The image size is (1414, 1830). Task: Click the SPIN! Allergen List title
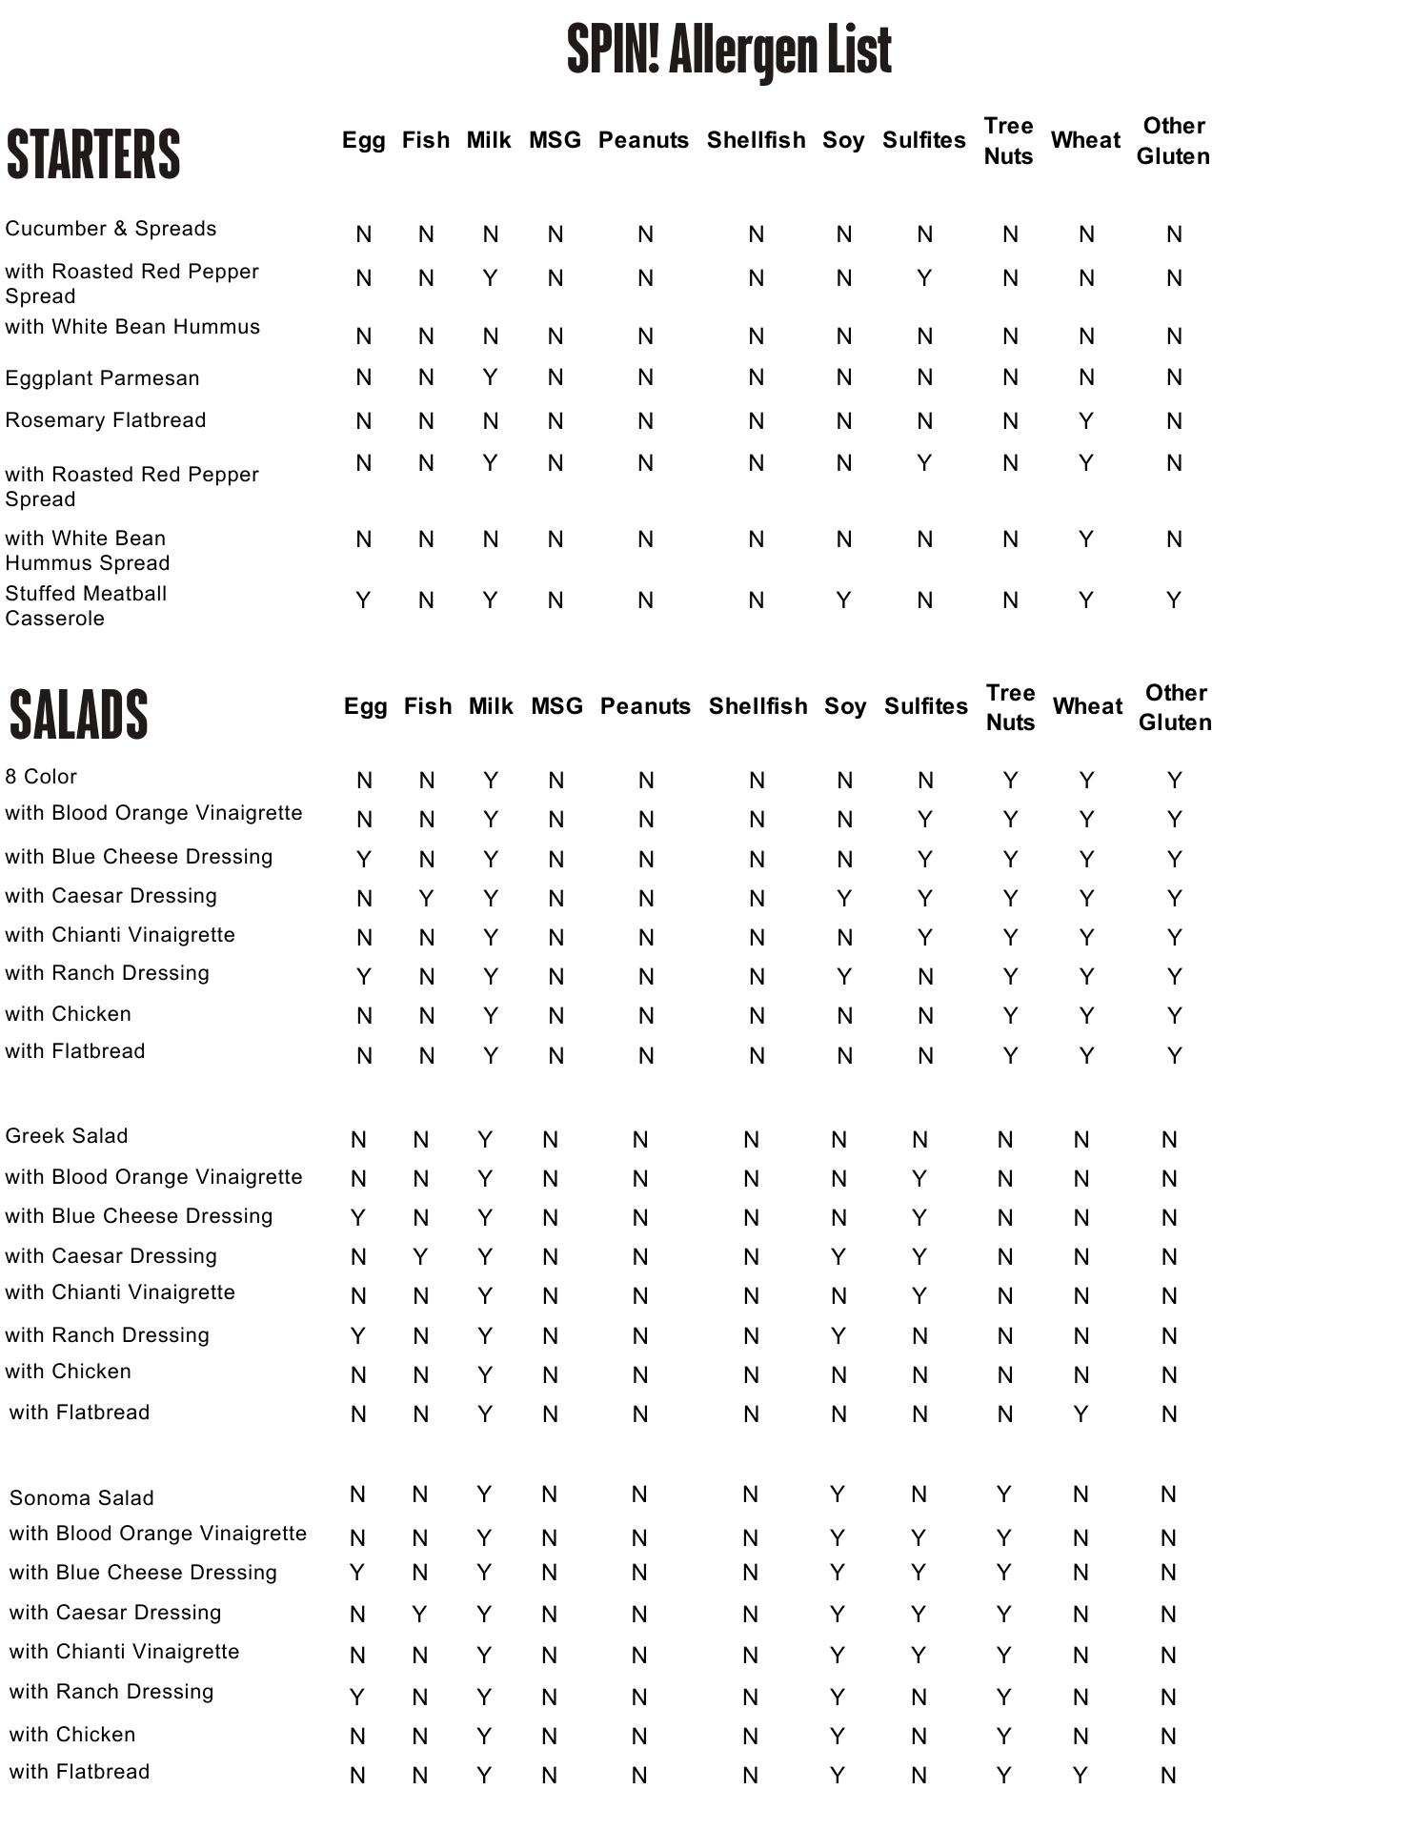click(729, 51)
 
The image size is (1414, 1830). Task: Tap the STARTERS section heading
click(93, 153)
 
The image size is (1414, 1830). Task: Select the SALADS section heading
click(79, 714)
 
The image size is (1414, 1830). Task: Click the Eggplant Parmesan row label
click(102, 378)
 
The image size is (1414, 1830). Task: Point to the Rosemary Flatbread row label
click(105, 420)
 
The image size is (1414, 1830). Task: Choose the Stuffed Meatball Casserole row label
click(86, 605)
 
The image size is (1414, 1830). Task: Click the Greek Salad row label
click(66, 1136)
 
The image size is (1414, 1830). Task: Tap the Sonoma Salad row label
click(81, 1497)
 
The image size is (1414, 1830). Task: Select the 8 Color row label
click(41, 777)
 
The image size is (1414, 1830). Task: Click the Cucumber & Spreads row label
click(111, 229)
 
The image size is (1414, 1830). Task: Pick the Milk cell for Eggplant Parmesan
click(490, 377)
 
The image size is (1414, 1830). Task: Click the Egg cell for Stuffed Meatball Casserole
click(363, 600)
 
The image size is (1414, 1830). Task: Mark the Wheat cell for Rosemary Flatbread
click(1085, 421)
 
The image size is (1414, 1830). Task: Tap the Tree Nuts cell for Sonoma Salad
click(1004, 1494)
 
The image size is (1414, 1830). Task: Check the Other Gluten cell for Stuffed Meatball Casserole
click(1174, 600)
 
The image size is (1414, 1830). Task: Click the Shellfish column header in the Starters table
click(756, 140)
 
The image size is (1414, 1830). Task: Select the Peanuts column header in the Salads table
click(645, 706)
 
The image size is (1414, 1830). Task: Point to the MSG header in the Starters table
click(555, 140)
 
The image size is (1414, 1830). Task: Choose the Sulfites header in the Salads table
click(925, 706)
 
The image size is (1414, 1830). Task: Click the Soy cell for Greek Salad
click(838, 1140)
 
